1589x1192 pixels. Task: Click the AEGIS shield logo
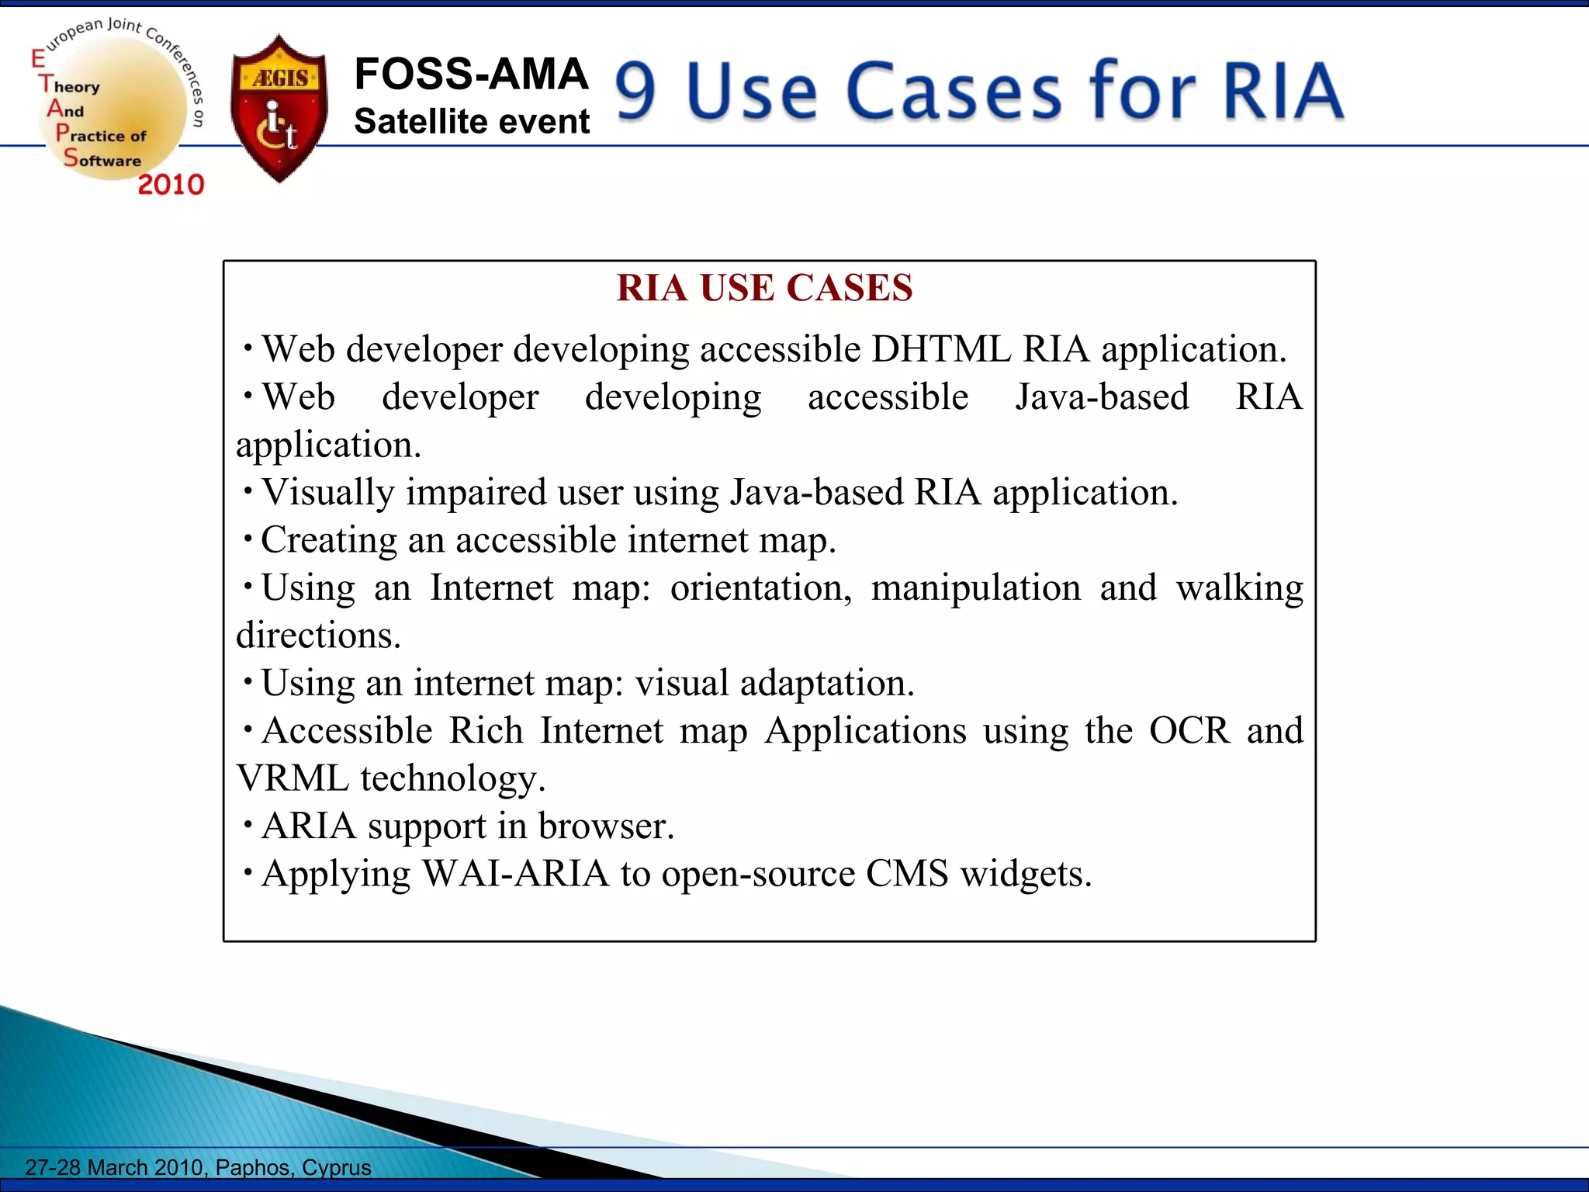[x=279, y=109]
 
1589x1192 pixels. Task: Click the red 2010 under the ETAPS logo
[x=171, y=185]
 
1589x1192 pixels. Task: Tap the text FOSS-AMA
[x=471, y=74]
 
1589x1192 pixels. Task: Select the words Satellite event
[x=472, y=122]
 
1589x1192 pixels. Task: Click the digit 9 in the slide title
[x=636, y=92]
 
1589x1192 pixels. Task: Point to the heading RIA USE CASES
[x=764, y=288]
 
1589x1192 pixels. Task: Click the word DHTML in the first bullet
[x=940, y=349]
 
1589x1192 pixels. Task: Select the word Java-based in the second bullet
[x=1102, y=397]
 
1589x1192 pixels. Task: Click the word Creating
[x=329, y=540]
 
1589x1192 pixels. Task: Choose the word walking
[x=1239, y=588]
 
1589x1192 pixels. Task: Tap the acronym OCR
[x=1189, y=731]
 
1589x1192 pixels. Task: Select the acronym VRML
[x=293, y=778]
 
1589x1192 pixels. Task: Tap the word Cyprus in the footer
[x=337, y=1167]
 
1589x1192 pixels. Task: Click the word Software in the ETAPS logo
[x=102, y=160]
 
